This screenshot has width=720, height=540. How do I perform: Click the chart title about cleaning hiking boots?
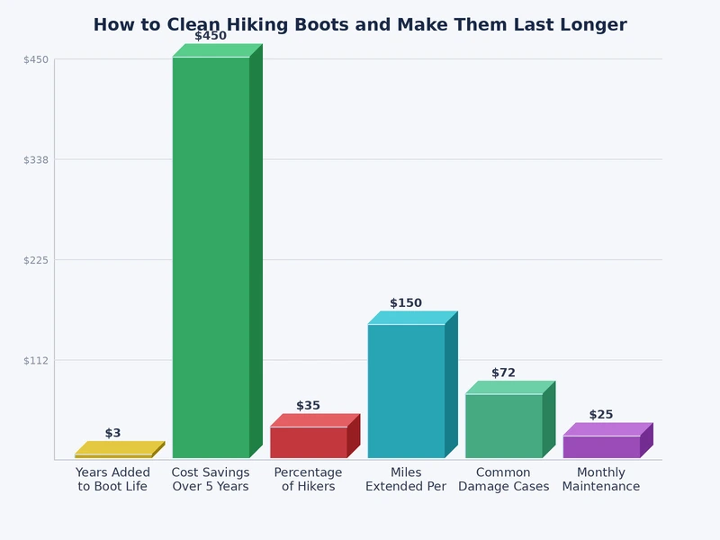(x=360, y=25)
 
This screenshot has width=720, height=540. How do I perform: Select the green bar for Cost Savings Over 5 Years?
(x=211, y=256)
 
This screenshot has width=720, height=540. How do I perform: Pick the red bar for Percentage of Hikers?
(x=308, y=442)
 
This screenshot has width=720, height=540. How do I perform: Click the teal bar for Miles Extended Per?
(x=406, y=391)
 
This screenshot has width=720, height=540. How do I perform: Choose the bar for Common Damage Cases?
(x=503, y=426)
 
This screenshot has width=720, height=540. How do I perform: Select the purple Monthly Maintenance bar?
(x=601, y=446)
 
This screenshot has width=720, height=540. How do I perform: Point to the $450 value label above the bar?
(x=211, y=36)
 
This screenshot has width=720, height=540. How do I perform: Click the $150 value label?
(x=406, y=303)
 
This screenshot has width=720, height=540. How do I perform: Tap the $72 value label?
(x=503, y=373)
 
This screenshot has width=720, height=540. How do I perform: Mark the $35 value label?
(x=308, y=406)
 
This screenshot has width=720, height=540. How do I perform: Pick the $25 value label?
(x=601, y=415)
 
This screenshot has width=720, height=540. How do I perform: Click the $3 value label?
(x=112, y=434)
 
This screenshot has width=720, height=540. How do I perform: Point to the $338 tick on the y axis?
(x=36, y=160)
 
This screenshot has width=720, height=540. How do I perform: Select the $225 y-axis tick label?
(x=36, y=260)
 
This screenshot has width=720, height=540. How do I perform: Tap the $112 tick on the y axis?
(x=36, y=360)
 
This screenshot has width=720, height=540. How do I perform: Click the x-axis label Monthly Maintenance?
(x=601, y=480)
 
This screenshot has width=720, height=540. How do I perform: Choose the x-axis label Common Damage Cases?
(x=503, y=480)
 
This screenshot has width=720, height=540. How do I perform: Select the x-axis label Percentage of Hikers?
(x=308, y=480)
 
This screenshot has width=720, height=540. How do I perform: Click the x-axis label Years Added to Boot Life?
(x=113, y=480)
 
